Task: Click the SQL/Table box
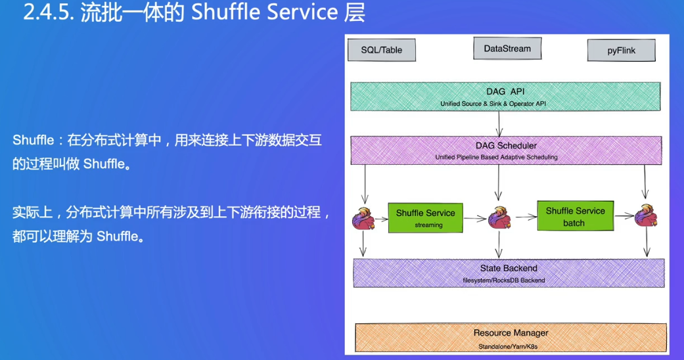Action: coord(382,50)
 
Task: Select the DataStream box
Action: coord(507,49)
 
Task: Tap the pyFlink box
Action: coord(621,51)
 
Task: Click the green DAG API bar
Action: coord(505,97)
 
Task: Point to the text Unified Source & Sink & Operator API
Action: coord(493,104)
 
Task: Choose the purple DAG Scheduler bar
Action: coord(506,150)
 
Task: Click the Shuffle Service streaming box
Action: coord(425,217)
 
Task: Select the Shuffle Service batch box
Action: coord(576,216)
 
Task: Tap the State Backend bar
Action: coord(509,273)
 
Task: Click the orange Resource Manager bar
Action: coord(511,337)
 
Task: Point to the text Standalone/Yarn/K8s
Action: coord(508,347)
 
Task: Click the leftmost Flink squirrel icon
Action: coord(363,219)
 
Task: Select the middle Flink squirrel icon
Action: coord(499,217)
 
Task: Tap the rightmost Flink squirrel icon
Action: coord(646,216)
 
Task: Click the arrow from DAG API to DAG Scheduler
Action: coord(499,124)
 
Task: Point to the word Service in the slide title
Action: coord(302,12)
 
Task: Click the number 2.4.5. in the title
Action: coord(49,12)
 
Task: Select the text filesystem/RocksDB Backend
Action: coord(504,281)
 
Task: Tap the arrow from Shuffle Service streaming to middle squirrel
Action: coord(475,219)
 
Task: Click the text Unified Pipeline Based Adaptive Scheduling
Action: coord(497,157)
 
